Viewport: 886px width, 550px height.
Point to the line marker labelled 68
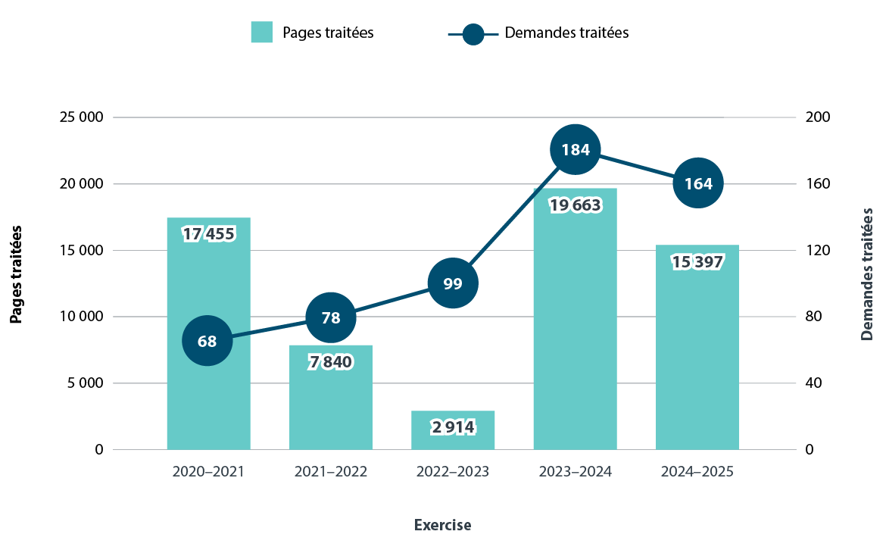pos(207,341)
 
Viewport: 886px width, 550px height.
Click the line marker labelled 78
pos(331,317)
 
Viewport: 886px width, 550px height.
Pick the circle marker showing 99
pos(453,284)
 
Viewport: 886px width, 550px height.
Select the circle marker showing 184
pos(576,149)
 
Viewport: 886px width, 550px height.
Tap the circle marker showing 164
pos(698,183)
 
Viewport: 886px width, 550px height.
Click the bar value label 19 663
pos(576,206)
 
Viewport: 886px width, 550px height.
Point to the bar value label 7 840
pos(331,362)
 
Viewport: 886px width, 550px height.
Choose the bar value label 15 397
pos(697,262)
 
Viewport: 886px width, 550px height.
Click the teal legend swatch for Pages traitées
pos(261,33)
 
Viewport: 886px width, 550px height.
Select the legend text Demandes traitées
pos(566,33)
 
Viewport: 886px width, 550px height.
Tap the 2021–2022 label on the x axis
pos(331,472)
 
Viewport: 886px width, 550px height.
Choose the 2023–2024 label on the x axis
pos(576,472)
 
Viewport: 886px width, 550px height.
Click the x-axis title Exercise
pos(443,525)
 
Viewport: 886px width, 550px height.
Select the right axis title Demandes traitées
pos(868,273)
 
